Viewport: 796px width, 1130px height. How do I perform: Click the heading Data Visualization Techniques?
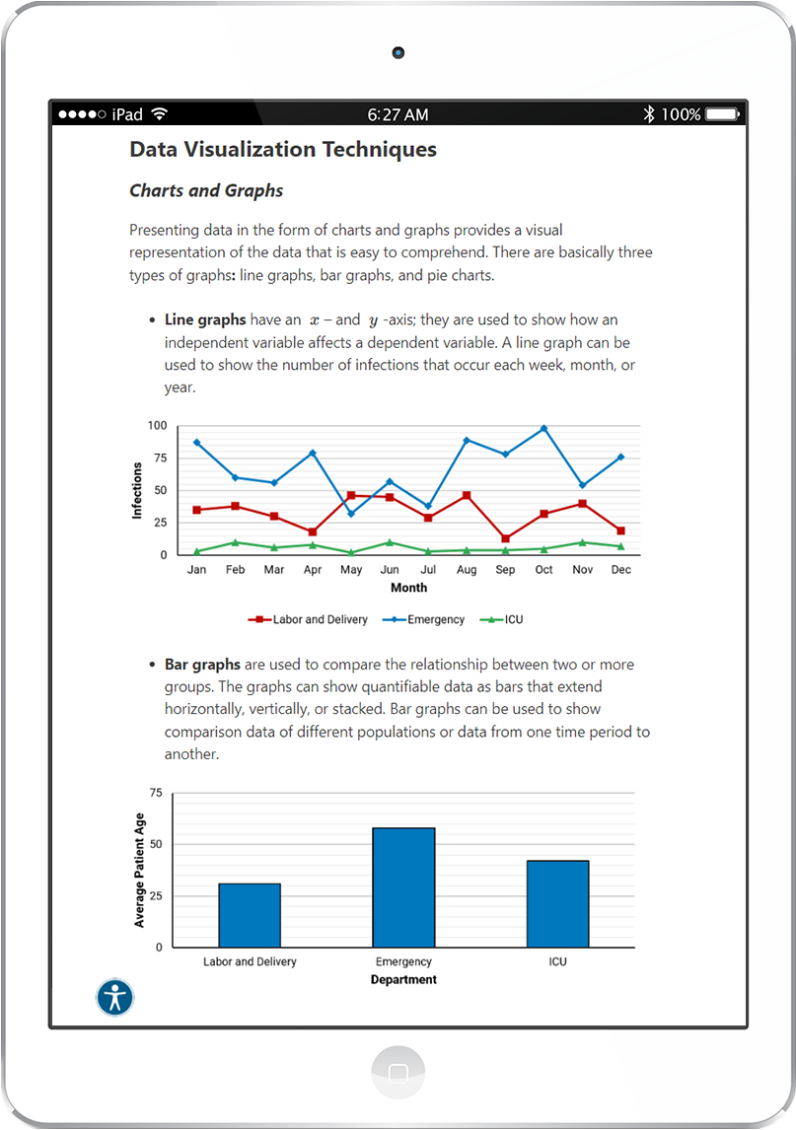[x=282, y=150]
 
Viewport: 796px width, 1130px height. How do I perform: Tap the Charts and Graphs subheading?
[x=206, y=191]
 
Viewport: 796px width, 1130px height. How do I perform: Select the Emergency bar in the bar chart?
[x=403, y=887]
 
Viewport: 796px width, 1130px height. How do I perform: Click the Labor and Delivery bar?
[x=250, y=915]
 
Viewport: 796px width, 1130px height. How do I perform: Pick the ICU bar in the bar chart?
[x=557, y=903]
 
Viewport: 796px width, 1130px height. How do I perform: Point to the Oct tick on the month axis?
[x=543, y=570]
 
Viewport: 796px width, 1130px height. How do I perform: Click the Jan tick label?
[x=196, y=570]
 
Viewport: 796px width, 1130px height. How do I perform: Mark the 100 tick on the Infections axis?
[x=157, y=426]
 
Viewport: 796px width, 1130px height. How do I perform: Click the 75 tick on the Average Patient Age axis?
[x=156, y=793]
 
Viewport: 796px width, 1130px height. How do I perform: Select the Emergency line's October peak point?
[x=543, y=429]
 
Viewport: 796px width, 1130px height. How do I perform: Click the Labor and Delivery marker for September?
[x=505, y=538]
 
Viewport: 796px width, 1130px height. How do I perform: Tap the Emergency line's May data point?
[x=351, y=514]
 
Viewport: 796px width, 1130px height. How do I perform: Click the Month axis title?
[x=408, y=588]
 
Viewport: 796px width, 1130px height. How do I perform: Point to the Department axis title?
[x=403, y=980]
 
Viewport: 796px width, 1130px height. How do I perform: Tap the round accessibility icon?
[x=115, y=998]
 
